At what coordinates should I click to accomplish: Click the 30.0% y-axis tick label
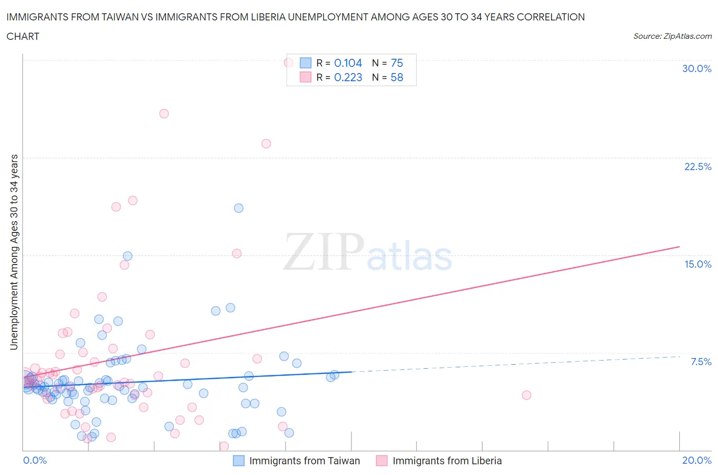[697, 68]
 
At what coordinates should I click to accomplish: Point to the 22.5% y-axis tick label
[698, 167]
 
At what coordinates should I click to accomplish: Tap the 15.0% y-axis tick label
[698, 264]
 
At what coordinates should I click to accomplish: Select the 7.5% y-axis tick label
[701, 362]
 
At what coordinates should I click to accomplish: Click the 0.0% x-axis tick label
[35, 460]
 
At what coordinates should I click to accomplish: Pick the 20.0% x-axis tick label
[697, 460]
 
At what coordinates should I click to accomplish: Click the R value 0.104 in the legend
[348, 63]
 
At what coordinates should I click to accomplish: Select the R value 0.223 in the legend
[348, 77]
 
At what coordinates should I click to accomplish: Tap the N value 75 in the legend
[397, 63]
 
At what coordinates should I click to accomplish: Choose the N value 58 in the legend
[397, 77]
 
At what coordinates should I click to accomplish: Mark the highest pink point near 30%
[289, 63]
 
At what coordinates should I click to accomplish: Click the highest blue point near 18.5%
[238, 208]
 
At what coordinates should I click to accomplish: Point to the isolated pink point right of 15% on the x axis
[526, 395]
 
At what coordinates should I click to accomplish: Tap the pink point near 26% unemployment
[164, 113]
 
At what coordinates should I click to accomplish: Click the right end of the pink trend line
[679, 247]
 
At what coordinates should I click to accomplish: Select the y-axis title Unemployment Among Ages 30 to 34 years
[14, 252]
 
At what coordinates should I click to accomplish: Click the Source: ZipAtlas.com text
[672, 36]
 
